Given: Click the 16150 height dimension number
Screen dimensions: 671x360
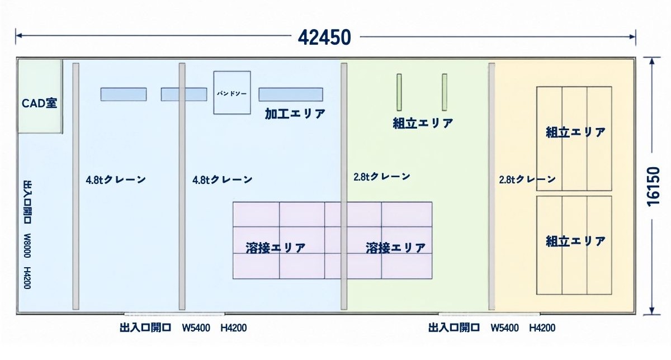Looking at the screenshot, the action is pyautogui.click(x=654, y=187).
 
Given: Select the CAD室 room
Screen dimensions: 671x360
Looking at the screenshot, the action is pyautogui.click(x=40, y=96).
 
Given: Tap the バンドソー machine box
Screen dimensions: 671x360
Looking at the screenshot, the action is pyautogui.click(x=232, y=93).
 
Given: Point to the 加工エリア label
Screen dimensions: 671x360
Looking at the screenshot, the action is pyautogui.click(x=295, y=114).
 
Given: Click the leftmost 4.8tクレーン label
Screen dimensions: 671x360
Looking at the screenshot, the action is pyautogui.click(x=116, y=179).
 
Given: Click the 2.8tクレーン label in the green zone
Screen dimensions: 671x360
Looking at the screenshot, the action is pyautogui.click(x=382, y=177).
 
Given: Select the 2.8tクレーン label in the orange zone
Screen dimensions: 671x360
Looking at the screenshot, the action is pyautogui.click(x=527, y=179).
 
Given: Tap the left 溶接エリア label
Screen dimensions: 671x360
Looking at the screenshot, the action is pyautogui.click(x=276, y=248).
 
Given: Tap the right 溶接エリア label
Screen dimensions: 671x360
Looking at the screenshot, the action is pyautogui.click(x=396, y=248).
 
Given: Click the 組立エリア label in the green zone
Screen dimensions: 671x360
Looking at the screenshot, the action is pyautogui.click(x=423, y=123).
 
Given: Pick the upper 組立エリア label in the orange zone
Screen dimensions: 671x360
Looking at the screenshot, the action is pyautogui.click(x=576, y=132).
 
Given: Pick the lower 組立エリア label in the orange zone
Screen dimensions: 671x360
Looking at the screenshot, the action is pyautogui.click(x=576, y=241).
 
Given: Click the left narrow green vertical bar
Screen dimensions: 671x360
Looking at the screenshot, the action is pyautogui.click(x=399, y=92).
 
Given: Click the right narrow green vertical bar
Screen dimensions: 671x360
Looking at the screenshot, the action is pyautogui.click(x=445, y=92).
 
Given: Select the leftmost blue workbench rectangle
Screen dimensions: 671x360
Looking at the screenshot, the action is pyautogui.click(x=124, y=94).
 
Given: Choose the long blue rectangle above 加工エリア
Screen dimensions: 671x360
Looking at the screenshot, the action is pyautogui.click(x=291, y=94).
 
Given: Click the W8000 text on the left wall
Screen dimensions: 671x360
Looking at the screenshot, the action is pyautogui.click(x=27, y=245).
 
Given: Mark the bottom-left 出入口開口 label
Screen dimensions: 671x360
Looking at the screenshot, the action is pyautogui.click(x=145, y=328).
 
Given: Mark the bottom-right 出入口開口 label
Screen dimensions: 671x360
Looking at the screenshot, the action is pyautogui.click(x=454, y=328).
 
